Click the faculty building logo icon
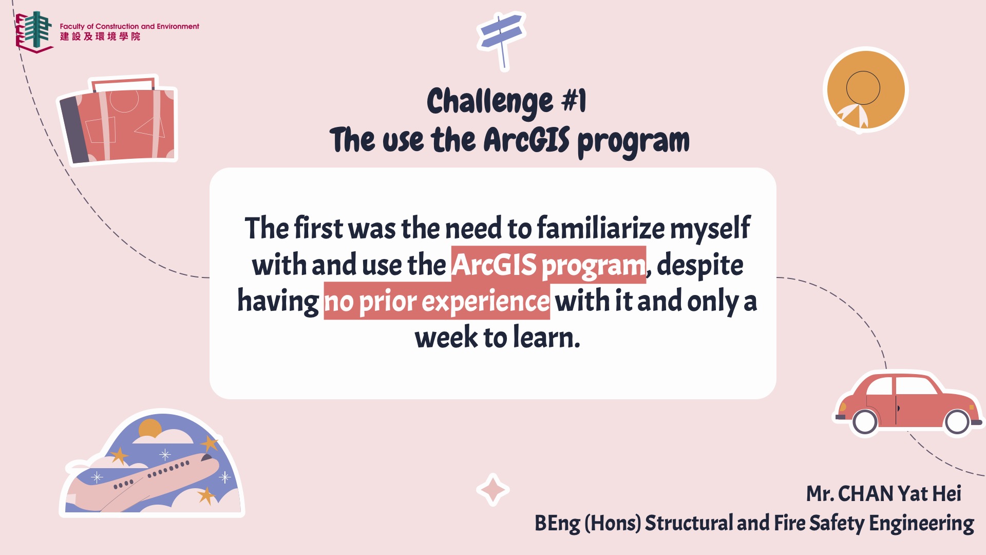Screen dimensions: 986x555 tap(34, 31)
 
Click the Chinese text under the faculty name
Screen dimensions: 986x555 tap(100, 36)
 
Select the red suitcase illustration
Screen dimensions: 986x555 tap(118, 121)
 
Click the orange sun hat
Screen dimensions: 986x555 tap(866, 90)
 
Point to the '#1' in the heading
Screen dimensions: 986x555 tap(574, 100)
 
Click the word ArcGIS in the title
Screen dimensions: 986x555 tap(526, 140)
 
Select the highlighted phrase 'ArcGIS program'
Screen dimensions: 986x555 tap(548, 265)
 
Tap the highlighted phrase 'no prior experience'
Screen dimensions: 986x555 tap(437, 301)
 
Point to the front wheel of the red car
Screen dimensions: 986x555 tap(957, 422)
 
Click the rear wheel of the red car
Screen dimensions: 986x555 tap(865, 422)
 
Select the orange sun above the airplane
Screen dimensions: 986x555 tap(150, 429)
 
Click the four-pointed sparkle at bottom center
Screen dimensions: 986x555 tap(492, 490)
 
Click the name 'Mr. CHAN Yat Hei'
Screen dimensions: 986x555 tap(883, 493)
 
